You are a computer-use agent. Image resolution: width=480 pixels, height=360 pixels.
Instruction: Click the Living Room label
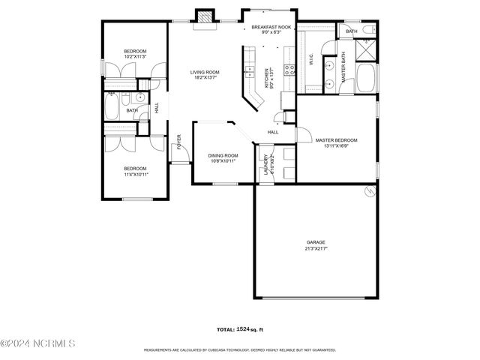point(204,72)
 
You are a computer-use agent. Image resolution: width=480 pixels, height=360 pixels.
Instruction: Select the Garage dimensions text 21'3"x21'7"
point(316,248)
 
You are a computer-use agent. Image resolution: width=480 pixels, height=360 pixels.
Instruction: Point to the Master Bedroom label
point(336,139)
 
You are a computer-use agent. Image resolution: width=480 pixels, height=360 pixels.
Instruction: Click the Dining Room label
point(222,155)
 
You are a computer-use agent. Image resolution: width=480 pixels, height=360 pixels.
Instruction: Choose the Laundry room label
point(265,166)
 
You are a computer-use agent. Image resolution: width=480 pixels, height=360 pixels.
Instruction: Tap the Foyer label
point(179,142)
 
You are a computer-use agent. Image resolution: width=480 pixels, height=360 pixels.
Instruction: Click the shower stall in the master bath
point(366,49)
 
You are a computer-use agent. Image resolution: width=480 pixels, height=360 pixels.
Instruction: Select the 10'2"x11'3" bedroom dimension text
point(135,55)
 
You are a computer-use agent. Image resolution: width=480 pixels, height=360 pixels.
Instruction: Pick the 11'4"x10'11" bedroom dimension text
point(136,174)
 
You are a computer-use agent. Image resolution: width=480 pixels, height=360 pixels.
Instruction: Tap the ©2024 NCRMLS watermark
point(37,343)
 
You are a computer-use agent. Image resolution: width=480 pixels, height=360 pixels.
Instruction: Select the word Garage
point(316,242)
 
